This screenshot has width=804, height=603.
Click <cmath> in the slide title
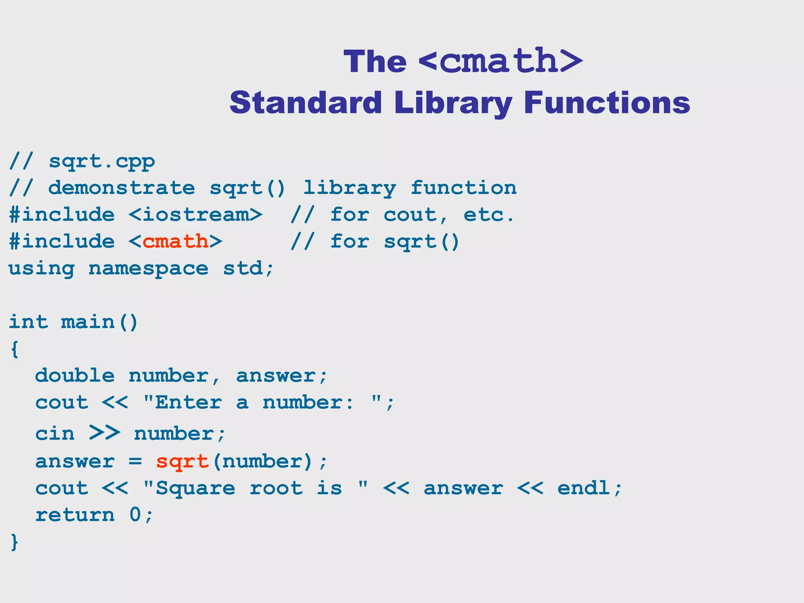coord(501,61)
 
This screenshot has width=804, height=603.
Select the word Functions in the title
coord(607,103)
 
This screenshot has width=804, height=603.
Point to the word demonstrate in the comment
coord(121,188)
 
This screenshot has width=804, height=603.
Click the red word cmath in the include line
coord(175,241)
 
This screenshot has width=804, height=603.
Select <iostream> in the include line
coord(195,215)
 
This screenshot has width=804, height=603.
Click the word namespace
coord(148,269)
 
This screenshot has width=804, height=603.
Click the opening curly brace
coord(15,349)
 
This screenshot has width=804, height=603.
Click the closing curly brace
coord(15,542)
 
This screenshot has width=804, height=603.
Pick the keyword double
coord(75,376)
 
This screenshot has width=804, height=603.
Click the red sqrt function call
coord(182,462)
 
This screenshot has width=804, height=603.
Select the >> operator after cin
coord(104,433)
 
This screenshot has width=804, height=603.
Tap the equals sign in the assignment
coord(135,462)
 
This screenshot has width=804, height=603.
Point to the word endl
coord(584,488)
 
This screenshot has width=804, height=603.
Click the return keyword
coord(75,515)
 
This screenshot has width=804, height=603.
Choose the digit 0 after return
coord(135,515)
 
